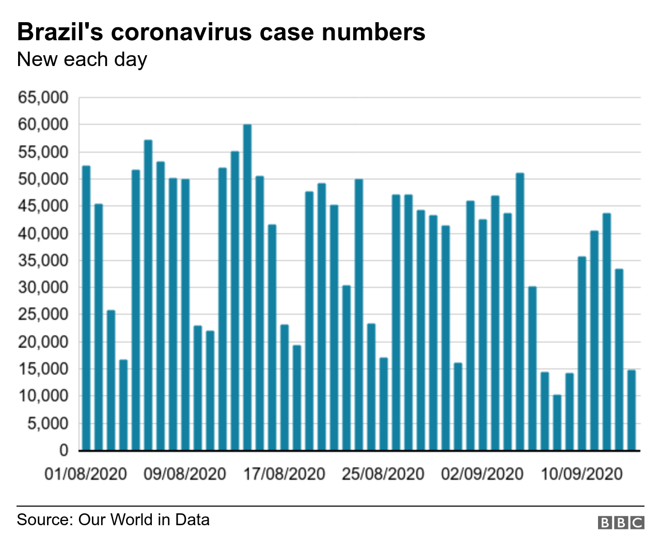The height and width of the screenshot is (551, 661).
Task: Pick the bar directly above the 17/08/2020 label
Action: pos(285,387)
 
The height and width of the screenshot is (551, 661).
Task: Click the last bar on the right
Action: pos(632,410)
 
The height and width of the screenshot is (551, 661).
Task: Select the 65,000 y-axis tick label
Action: pos(43,98)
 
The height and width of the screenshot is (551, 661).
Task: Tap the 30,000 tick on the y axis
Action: pos(43,287)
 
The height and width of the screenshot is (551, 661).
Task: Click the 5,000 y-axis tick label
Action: pos(47,423)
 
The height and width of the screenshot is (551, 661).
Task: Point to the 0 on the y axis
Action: pos(64,450)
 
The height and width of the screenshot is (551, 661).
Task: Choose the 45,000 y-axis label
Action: pos(43,206)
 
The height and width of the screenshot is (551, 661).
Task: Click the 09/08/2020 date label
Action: pos(185,474)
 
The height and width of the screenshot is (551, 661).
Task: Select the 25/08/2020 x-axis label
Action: pos(383,474)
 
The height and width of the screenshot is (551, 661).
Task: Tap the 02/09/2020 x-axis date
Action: pos(482,474)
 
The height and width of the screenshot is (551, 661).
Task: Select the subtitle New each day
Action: pos(82,60)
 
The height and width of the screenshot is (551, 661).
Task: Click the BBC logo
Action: pos(621,523)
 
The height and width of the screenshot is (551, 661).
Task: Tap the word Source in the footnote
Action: pos(45,520)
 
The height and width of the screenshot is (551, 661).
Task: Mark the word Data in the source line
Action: pos(192,520)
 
